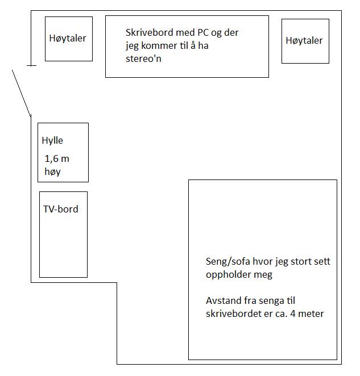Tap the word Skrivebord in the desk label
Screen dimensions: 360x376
(x=150, y=32)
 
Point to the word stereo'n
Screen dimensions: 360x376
(x=143, y=59)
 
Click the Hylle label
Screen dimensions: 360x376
(x=52, y=141)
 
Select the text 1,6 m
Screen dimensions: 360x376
(x=57, y=158)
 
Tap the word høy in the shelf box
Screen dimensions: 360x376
(x=52, y=172)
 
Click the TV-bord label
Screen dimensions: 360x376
(x=61, y=209)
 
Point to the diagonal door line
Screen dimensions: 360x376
(x=22, y=94)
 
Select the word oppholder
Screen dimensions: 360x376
(x=225, y=275)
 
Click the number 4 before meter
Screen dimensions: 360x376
(x=293, y=314)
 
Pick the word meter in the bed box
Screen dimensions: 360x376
(x=311, y=314)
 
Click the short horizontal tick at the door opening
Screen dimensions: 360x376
(x=31, y=65)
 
